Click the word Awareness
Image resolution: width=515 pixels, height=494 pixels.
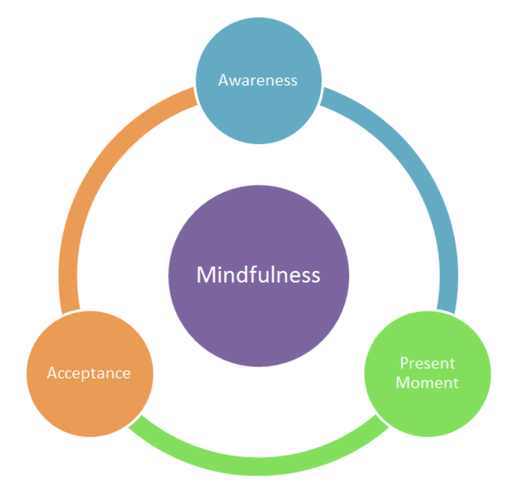click(x=258, y=80)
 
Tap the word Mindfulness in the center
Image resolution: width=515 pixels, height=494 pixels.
click(x=258, y=275)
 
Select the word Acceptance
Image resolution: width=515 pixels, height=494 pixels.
click(x=89, y=373)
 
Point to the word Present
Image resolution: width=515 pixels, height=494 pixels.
click(x=427, y=363)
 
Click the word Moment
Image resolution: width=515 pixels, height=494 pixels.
click(x=427, y=383)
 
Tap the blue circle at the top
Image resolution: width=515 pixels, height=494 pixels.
click(x=258, y=115)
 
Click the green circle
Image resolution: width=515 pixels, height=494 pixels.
click(x=428, y=411)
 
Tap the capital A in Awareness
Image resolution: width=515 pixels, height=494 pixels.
click(x=223, y=80)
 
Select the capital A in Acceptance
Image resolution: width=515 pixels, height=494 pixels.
click(x=53, y=373)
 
